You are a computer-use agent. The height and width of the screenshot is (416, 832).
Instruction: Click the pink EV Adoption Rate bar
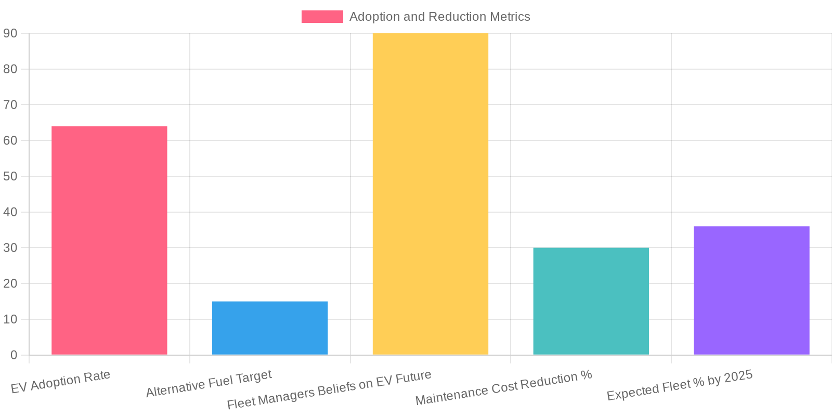(x=109, y=240)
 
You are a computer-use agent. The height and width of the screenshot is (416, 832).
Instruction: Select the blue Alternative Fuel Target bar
(x=270, y=328)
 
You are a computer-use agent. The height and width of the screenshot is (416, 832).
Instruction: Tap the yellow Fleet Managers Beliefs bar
(x=431, y=194)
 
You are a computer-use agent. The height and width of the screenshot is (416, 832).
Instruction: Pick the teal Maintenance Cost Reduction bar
(x=591, y=301)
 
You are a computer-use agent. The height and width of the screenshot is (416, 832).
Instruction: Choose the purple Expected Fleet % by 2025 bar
(x=751, y=291)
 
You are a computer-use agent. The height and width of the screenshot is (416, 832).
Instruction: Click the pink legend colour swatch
(x=322, y=17)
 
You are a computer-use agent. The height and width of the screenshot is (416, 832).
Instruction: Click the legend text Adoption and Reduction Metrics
(x=439, y=17)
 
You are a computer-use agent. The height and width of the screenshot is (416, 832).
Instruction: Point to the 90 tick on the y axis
(x=10, y=33)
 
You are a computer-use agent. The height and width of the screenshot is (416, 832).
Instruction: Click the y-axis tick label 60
(x=10, y=140)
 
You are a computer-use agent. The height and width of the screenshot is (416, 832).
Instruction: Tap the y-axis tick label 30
(x=10, y=248)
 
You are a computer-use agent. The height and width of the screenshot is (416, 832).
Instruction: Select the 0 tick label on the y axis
(x=14, y=355)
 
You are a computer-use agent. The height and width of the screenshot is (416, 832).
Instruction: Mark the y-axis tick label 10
(x=10, y=319)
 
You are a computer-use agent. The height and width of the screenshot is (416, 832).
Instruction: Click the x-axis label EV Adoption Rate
(x=61, y=382)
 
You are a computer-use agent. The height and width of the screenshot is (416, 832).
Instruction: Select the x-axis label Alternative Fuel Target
(x=209, y=384)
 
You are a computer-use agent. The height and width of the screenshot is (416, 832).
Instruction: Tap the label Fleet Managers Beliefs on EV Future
(x=329, y=389)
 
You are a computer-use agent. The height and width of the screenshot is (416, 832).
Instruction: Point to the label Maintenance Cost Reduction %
(x=503, y=388)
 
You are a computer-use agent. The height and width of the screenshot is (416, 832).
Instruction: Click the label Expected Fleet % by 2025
(x=680, y=385)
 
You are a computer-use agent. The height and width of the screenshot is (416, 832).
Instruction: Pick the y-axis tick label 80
(x=10, y=69)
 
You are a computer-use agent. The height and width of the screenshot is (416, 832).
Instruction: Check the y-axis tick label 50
(x=10, y=176)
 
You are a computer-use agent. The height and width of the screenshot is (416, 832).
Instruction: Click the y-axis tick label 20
(x=10, y=284)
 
